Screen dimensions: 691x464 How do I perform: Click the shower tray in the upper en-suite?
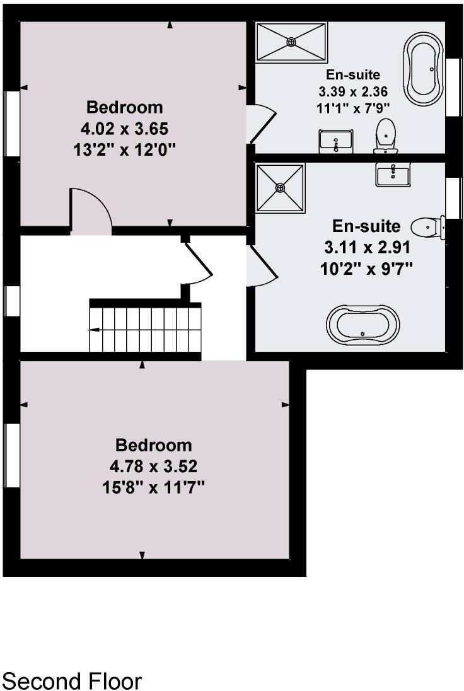point(291,42)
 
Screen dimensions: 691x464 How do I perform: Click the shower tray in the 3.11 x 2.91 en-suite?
point(280,188)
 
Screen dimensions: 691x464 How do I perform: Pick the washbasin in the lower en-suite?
point(393,173)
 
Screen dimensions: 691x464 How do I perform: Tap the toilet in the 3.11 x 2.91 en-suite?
point(427,226)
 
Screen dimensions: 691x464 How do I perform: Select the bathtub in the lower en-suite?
point(362,326)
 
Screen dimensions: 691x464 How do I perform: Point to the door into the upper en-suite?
point(259,123)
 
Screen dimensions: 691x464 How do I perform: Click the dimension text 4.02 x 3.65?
point(124,129)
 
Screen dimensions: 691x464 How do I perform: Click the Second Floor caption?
point(72,681)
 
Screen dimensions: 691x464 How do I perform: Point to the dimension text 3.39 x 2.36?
point(353,91)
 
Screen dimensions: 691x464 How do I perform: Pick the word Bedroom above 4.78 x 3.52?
point(153,445)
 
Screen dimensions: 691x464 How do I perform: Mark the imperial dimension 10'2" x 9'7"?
point(366,268)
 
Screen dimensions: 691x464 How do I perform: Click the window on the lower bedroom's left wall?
point(11,454)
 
